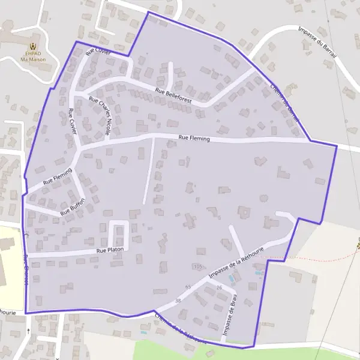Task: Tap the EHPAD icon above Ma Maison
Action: click(33, 46)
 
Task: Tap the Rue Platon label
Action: click(109, 248)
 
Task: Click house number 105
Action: click(198, 266)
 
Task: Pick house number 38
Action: click(178, 300)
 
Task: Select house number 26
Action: click(219, 287)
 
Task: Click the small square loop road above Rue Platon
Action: click(119, 229)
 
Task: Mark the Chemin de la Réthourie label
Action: click(180, 329)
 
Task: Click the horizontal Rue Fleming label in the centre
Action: click(194, 139)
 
